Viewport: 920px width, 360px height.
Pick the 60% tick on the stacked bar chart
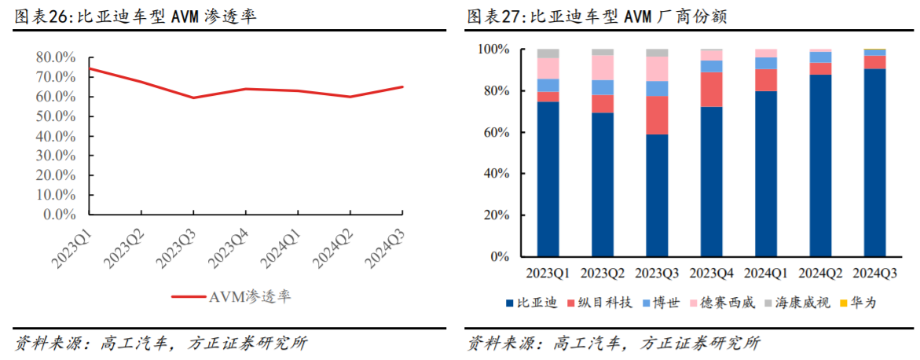tap(497, 132)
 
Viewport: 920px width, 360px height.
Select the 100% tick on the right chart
tap(493, 50)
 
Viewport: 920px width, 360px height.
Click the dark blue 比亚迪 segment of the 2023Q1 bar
tap(548, 179)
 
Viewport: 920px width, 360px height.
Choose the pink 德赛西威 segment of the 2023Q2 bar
tap(602, 68)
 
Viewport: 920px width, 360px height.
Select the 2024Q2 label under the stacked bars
tap(819, 274)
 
